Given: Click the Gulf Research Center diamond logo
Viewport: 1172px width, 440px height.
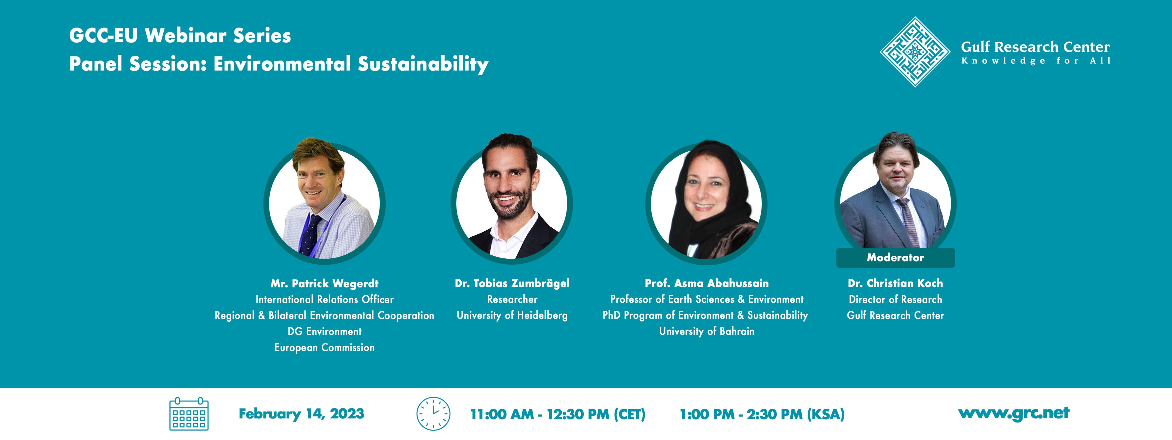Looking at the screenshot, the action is (x=915, y=52).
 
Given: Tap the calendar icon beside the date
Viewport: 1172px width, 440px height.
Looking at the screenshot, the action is (x=189, y=413).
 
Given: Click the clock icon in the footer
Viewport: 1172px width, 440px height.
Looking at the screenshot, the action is (x=433, y=413).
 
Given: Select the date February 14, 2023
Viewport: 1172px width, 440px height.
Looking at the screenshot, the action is (x=301, y=413).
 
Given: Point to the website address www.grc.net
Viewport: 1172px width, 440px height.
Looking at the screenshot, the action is (x=1014, y=413).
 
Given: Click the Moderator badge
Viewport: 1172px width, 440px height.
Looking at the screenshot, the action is (x=895, y=258).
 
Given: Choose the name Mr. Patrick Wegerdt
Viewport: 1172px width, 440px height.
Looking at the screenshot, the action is (x=324, y=283).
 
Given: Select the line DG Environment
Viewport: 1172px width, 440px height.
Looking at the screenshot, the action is (x=324, y=331).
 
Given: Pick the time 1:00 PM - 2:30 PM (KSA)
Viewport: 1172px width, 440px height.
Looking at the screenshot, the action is (x=762, y=414).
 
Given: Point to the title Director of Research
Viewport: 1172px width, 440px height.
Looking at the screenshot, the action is (x=895, y=299).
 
